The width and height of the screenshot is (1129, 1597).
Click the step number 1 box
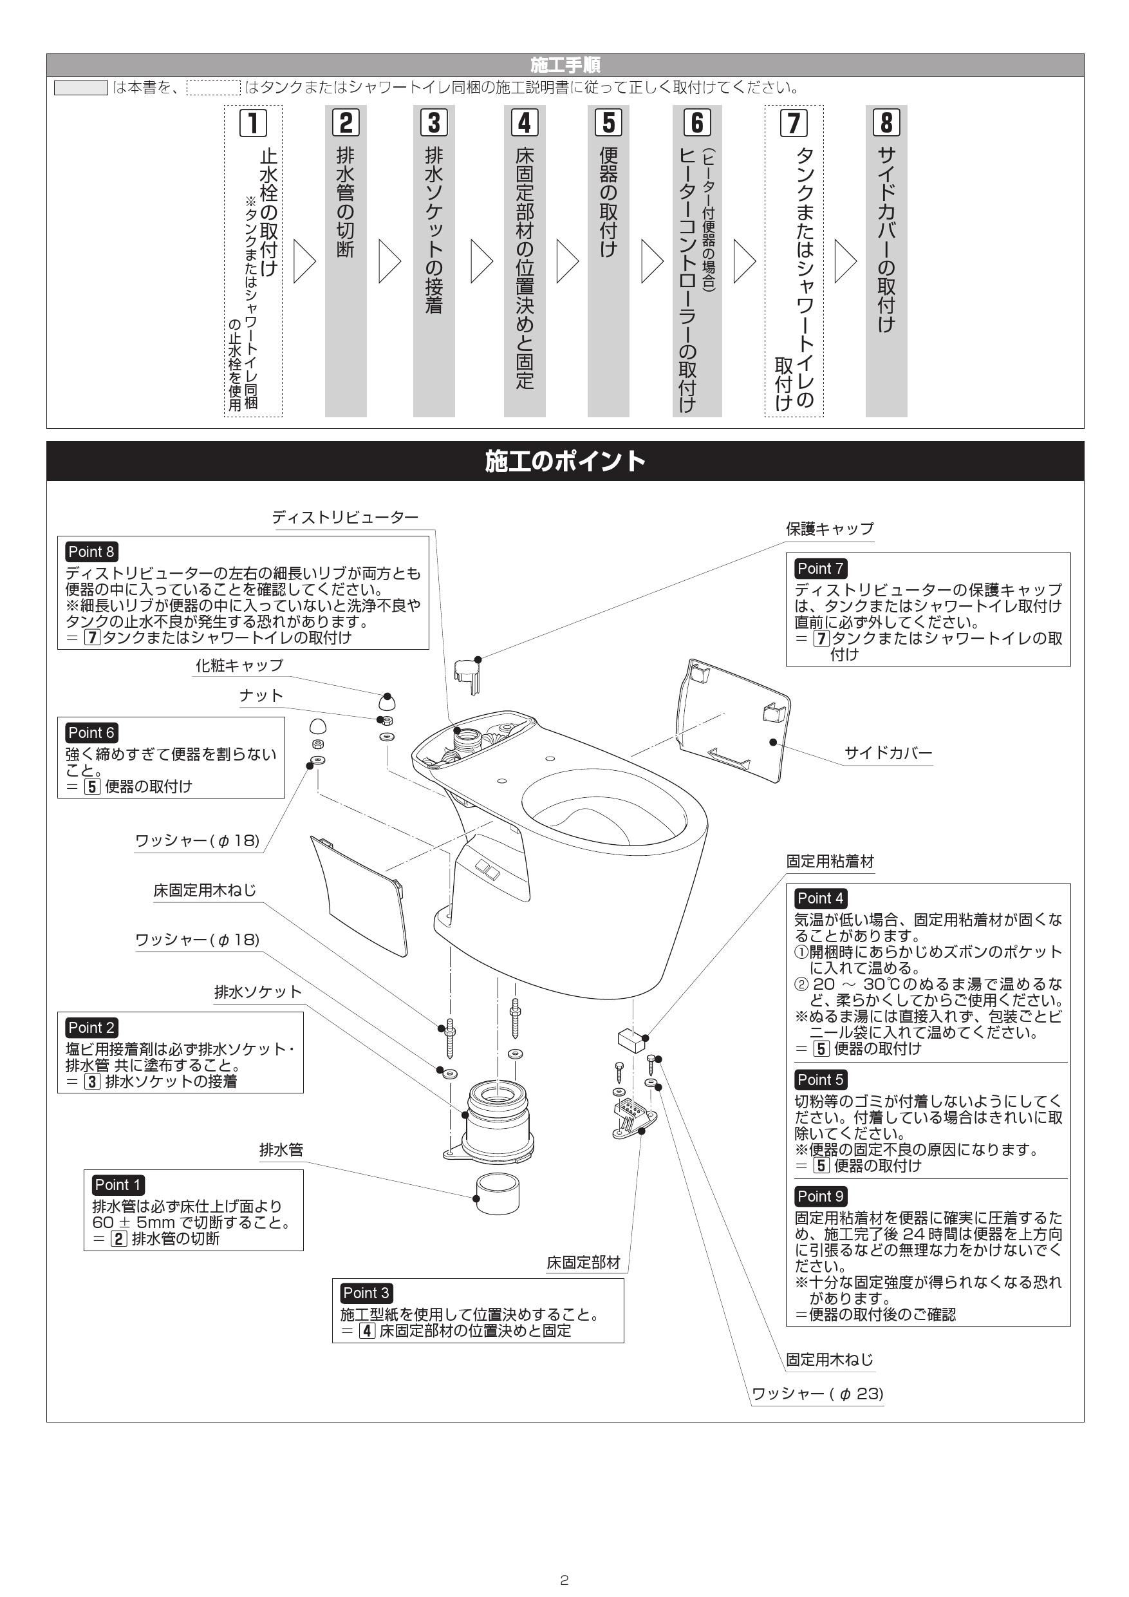pyautogui.click(x=253, y=123)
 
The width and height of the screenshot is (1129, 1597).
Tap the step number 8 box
pyautogui.click(x=886, y=122)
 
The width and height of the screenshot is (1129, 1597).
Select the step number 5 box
pyautogui.click(x=608, y=122)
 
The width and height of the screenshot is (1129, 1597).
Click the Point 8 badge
pyautogui.click(x=91, y=552)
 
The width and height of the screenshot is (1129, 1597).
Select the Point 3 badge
pyautogui.click(x=366, y=1292)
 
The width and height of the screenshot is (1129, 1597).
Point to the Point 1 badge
pyautogui.click(x=118, y=1184)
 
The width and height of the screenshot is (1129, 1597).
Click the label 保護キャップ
pyautogui.click(x=829, y=529)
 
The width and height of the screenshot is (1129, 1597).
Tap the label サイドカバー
pyautogui.click(x=888, y=753)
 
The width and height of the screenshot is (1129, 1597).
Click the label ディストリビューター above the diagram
pyautogui.click(x=345, y=517)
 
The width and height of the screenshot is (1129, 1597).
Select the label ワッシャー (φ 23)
pyautogui.click(x=817, y=1394)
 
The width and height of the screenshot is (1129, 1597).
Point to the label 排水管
pyautogui.click(x=281, y=1149)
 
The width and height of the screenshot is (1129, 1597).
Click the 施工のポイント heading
pyautogui.click(x=564, y=461)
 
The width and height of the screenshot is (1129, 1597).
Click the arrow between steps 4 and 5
pyautogui.click(x=568, y=261)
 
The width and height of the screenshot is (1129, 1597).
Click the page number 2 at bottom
pyautogui.click(x=564, y=1580)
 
